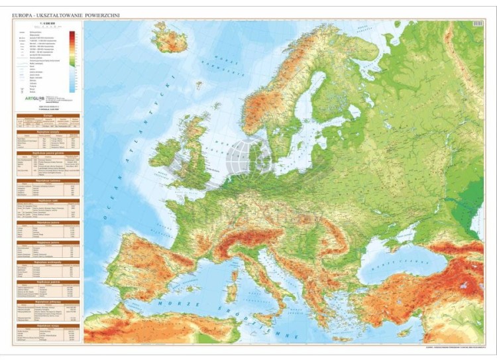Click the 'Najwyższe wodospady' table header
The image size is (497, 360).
48,262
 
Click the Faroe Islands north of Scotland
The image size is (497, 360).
198,85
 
